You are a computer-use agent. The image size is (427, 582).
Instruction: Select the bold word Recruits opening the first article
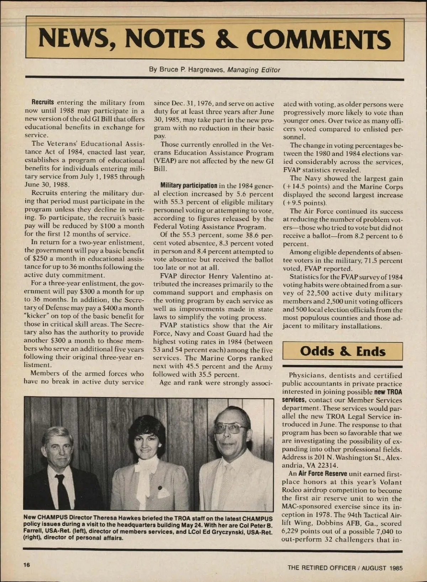(x=43, y=103)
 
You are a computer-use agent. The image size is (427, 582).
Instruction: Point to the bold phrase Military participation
(x=189, y=185)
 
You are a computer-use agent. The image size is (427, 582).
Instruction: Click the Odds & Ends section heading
(x=342, y=351)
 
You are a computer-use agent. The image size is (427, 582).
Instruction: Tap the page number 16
(x=27, y=565)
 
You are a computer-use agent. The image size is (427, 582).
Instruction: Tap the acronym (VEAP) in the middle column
(x=164, y=161)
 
